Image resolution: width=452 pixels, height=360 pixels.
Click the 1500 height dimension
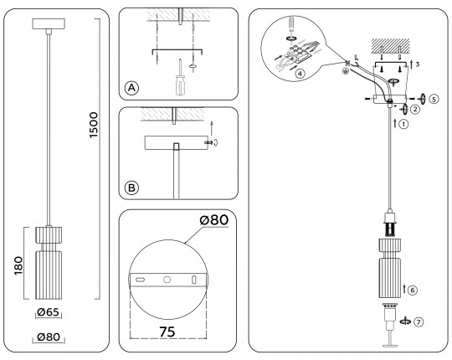[x=94, y=126]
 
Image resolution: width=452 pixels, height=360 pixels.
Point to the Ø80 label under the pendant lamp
[x=49, y=338]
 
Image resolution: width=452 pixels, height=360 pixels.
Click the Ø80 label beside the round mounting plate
[x=215, y=220]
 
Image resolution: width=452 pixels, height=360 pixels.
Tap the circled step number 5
[x=434, y=97]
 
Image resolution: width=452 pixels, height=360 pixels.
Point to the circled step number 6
[x=414, y=289]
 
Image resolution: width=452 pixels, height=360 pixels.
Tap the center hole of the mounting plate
[x=167, y=278]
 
